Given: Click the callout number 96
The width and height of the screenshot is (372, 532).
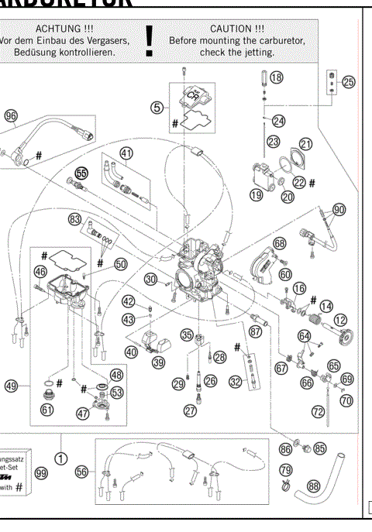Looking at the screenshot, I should coord(10,115).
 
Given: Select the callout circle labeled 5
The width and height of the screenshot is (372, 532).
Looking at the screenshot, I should coord(157,108).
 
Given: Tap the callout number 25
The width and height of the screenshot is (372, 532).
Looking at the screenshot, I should coord(348,82).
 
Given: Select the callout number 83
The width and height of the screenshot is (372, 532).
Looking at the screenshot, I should coord(74,220).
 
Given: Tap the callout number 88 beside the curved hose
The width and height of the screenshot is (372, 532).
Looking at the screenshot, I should coord(313,486).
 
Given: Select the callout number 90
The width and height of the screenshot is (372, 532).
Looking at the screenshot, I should coord(339,210).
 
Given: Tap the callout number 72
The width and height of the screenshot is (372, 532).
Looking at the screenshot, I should coord(318,412).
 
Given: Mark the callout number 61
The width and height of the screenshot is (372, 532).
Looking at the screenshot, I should coord(47,409).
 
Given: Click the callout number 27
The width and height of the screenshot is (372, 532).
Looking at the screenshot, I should coord(190,411).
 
